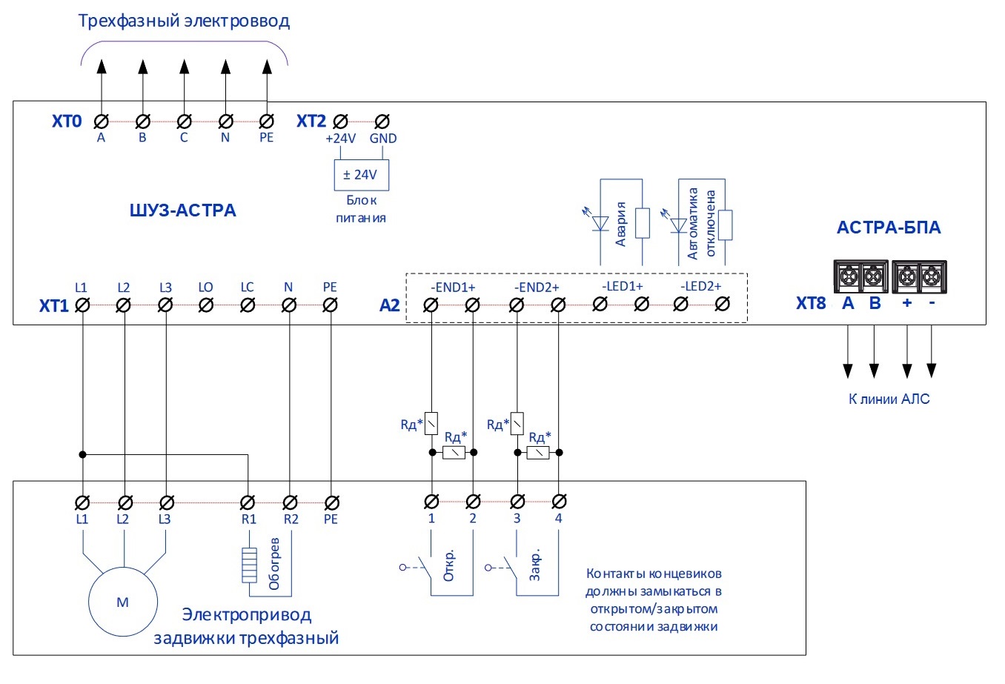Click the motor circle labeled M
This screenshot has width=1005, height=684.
tap(123, 602)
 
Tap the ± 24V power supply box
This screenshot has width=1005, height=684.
tap(360, 175)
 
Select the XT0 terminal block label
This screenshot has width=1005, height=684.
tap(67, 122)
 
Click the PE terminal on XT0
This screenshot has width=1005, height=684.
tap(267, 122)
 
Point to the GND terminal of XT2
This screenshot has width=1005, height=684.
tap(382, 122)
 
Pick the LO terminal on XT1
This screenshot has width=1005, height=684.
tap(207, 305)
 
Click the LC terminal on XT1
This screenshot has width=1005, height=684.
tap(248, 305)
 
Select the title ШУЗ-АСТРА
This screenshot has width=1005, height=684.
tap(182, 210)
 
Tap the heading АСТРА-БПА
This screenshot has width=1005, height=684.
tap(888, 228)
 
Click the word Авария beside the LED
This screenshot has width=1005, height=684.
tap(621, 223)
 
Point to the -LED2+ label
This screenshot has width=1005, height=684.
tap(700, 287)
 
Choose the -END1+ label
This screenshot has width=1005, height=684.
tap(453, 288)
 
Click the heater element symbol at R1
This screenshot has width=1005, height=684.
tap(249, 565)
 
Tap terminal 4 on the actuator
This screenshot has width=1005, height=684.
tap(560, 502)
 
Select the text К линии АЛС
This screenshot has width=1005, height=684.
tap(889, 399)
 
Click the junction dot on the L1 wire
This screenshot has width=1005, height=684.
tap(83, 454)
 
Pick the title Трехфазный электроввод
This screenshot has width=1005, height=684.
tap(184, 21)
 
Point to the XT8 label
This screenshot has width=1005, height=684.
tap(811, 303)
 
